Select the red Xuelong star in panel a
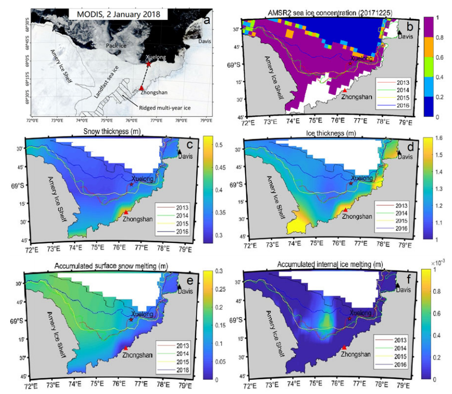point(148,64)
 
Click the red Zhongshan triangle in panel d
point(346,210)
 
